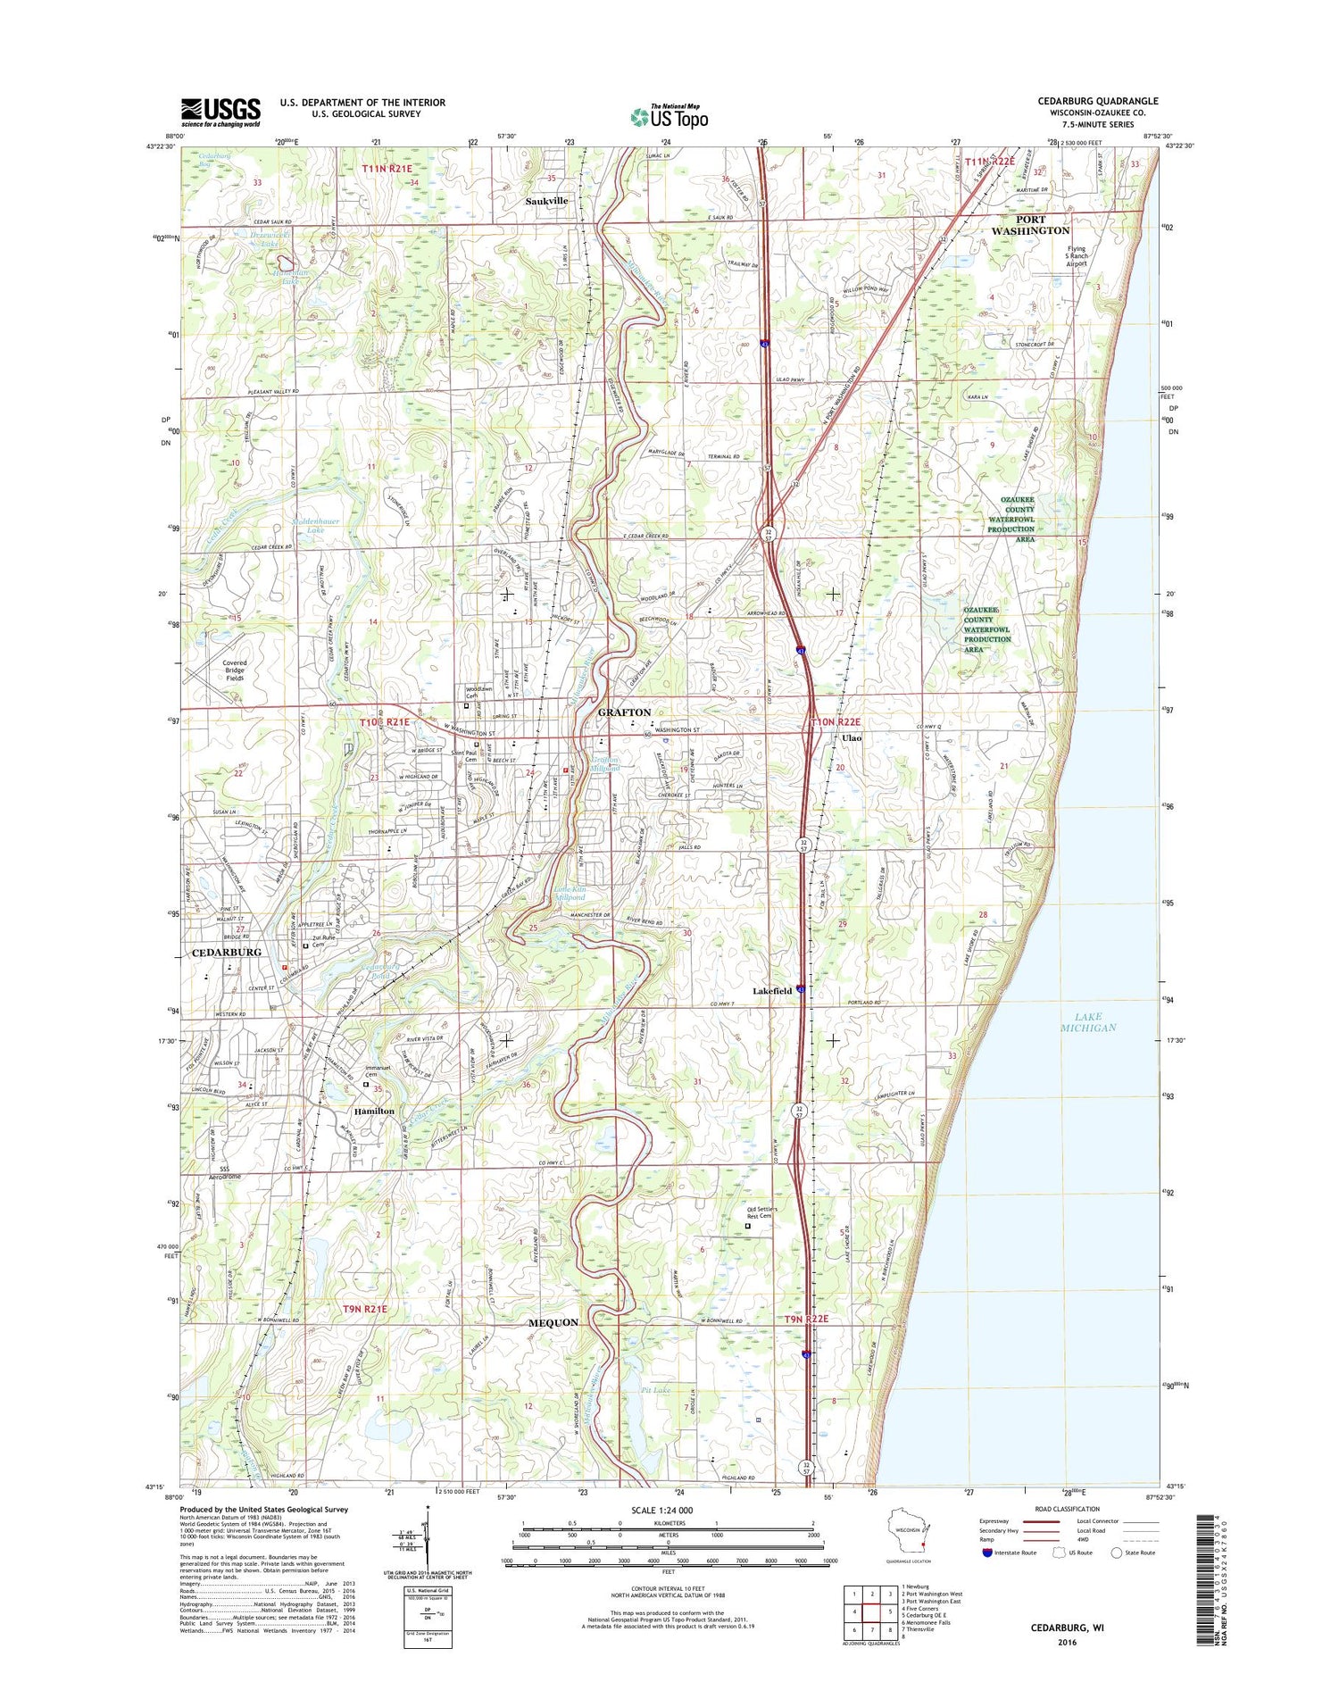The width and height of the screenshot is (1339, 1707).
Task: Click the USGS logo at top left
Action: click(220, 112)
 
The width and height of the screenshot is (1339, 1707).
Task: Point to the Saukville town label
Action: click(546, 202)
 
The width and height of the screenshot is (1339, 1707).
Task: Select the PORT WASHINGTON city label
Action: click(1029, 225)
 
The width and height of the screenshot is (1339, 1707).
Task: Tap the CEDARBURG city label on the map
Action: click(227, 953)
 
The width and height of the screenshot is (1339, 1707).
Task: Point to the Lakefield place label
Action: click(771, 992)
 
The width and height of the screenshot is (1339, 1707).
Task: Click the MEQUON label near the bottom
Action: click(553, 1322)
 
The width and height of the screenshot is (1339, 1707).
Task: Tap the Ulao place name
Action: click(851, 739)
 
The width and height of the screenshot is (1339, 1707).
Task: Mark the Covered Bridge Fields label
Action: click(235, 670)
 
